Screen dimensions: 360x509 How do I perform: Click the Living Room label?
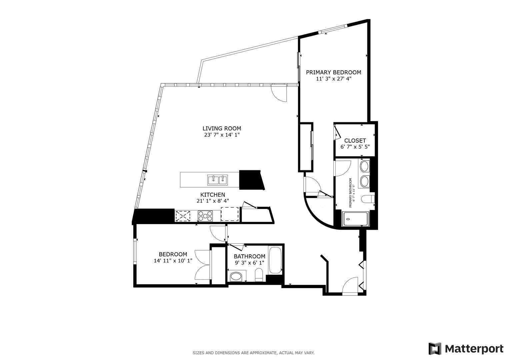(222, 128)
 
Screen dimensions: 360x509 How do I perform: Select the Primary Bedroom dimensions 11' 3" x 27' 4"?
(333, 79)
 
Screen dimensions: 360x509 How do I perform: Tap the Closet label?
(355, 141)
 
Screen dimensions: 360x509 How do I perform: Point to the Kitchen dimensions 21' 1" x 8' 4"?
(212, 201)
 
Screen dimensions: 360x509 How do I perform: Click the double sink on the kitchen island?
(218, 180)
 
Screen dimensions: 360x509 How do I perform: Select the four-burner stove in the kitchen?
(205, 215)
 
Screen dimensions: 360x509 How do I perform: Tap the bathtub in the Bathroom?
(275, 260)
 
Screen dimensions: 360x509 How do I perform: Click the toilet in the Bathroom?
(259, 276)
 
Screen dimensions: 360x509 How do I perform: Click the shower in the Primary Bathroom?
(355, 219)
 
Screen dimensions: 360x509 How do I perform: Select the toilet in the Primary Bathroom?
(368, 199)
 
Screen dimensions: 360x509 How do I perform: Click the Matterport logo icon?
(435, 349)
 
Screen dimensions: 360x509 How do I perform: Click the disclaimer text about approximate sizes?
(254, 353)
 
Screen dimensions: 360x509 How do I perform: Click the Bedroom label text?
(173, 254)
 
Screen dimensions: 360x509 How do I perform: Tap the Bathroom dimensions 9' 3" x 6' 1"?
(249, 263)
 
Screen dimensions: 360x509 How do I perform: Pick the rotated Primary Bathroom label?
(350, 193)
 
